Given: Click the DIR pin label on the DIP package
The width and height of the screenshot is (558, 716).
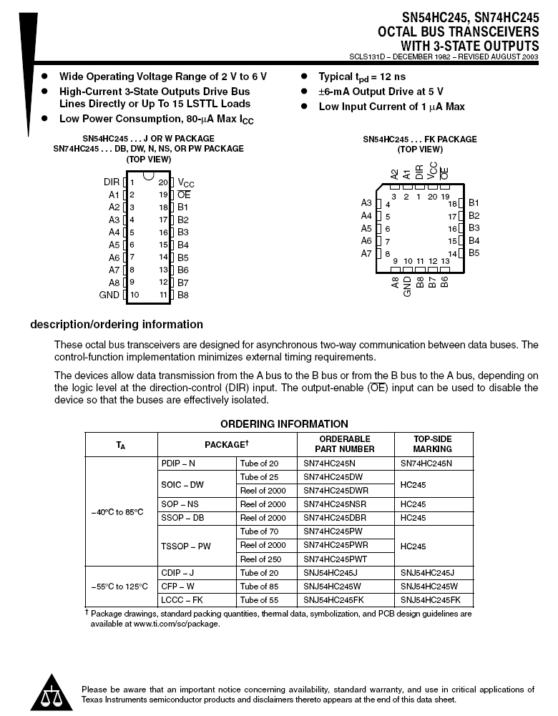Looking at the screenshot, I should click(x=111, y=182).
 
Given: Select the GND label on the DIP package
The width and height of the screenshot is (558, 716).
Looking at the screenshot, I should click(x=109, y=295).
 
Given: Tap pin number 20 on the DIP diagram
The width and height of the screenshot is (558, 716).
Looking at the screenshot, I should click(x=163, y=182).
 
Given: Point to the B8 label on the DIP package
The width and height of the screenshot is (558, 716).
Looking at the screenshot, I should click(x=183, y=295).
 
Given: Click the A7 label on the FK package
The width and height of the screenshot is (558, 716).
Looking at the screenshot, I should click(x=366, y=253).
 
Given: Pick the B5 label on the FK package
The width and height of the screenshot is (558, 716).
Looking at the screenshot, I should click(x=474, y=253).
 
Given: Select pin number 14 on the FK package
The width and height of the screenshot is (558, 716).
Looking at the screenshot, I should click(x=452, y=254).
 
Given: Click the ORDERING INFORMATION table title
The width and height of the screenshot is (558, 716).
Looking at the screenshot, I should click(x=284, y=424).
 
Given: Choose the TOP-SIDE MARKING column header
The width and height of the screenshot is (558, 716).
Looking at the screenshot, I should click(x=433, y=444).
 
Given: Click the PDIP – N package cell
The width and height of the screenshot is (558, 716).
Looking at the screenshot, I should click(x=178, y=464).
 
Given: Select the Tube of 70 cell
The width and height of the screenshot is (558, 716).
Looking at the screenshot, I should click(x=259, y=531).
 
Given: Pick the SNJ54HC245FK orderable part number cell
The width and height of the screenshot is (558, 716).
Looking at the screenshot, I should click(x=334, y=599).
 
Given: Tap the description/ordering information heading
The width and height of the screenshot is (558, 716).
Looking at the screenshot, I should click(x=117, y=325).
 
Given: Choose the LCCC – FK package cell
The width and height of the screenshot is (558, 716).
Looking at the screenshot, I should click(x=182, y=599).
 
